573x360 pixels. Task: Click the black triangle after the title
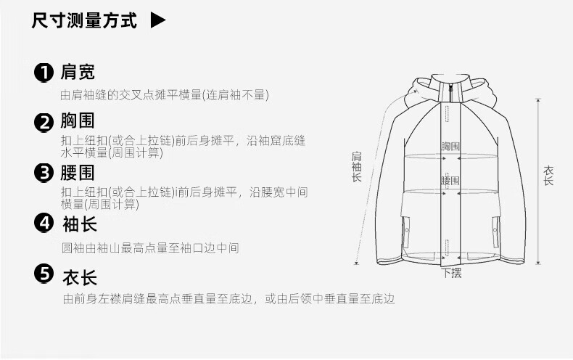[157, 20]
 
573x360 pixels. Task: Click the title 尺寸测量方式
[84, 20]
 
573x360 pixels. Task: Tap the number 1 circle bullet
[44, 73]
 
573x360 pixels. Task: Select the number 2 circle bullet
[44, 122]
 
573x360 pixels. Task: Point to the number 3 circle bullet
[44, 173]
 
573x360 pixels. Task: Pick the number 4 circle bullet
[44, 223]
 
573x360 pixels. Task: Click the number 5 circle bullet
[44, 274]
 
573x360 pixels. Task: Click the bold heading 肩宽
[78, 72]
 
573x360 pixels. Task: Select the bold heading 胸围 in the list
[78, 120]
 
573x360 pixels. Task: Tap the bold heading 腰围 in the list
[78, 173]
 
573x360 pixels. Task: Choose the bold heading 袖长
[80, 224]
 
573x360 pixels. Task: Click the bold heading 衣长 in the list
[80, 278]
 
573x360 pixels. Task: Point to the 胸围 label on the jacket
[450, 147]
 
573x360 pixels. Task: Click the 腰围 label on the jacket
[450, 181]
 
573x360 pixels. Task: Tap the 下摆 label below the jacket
[452, 273]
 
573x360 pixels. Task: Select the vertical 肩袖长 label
[357, 167]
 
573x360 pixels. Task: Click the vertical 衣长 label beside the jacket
[548, 176]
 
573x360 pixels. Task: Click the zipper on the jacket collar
[450, 93]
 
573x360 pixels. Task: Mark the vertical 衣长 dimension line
[538, 181]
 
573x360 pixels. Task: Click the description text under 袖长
[150, 248]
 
